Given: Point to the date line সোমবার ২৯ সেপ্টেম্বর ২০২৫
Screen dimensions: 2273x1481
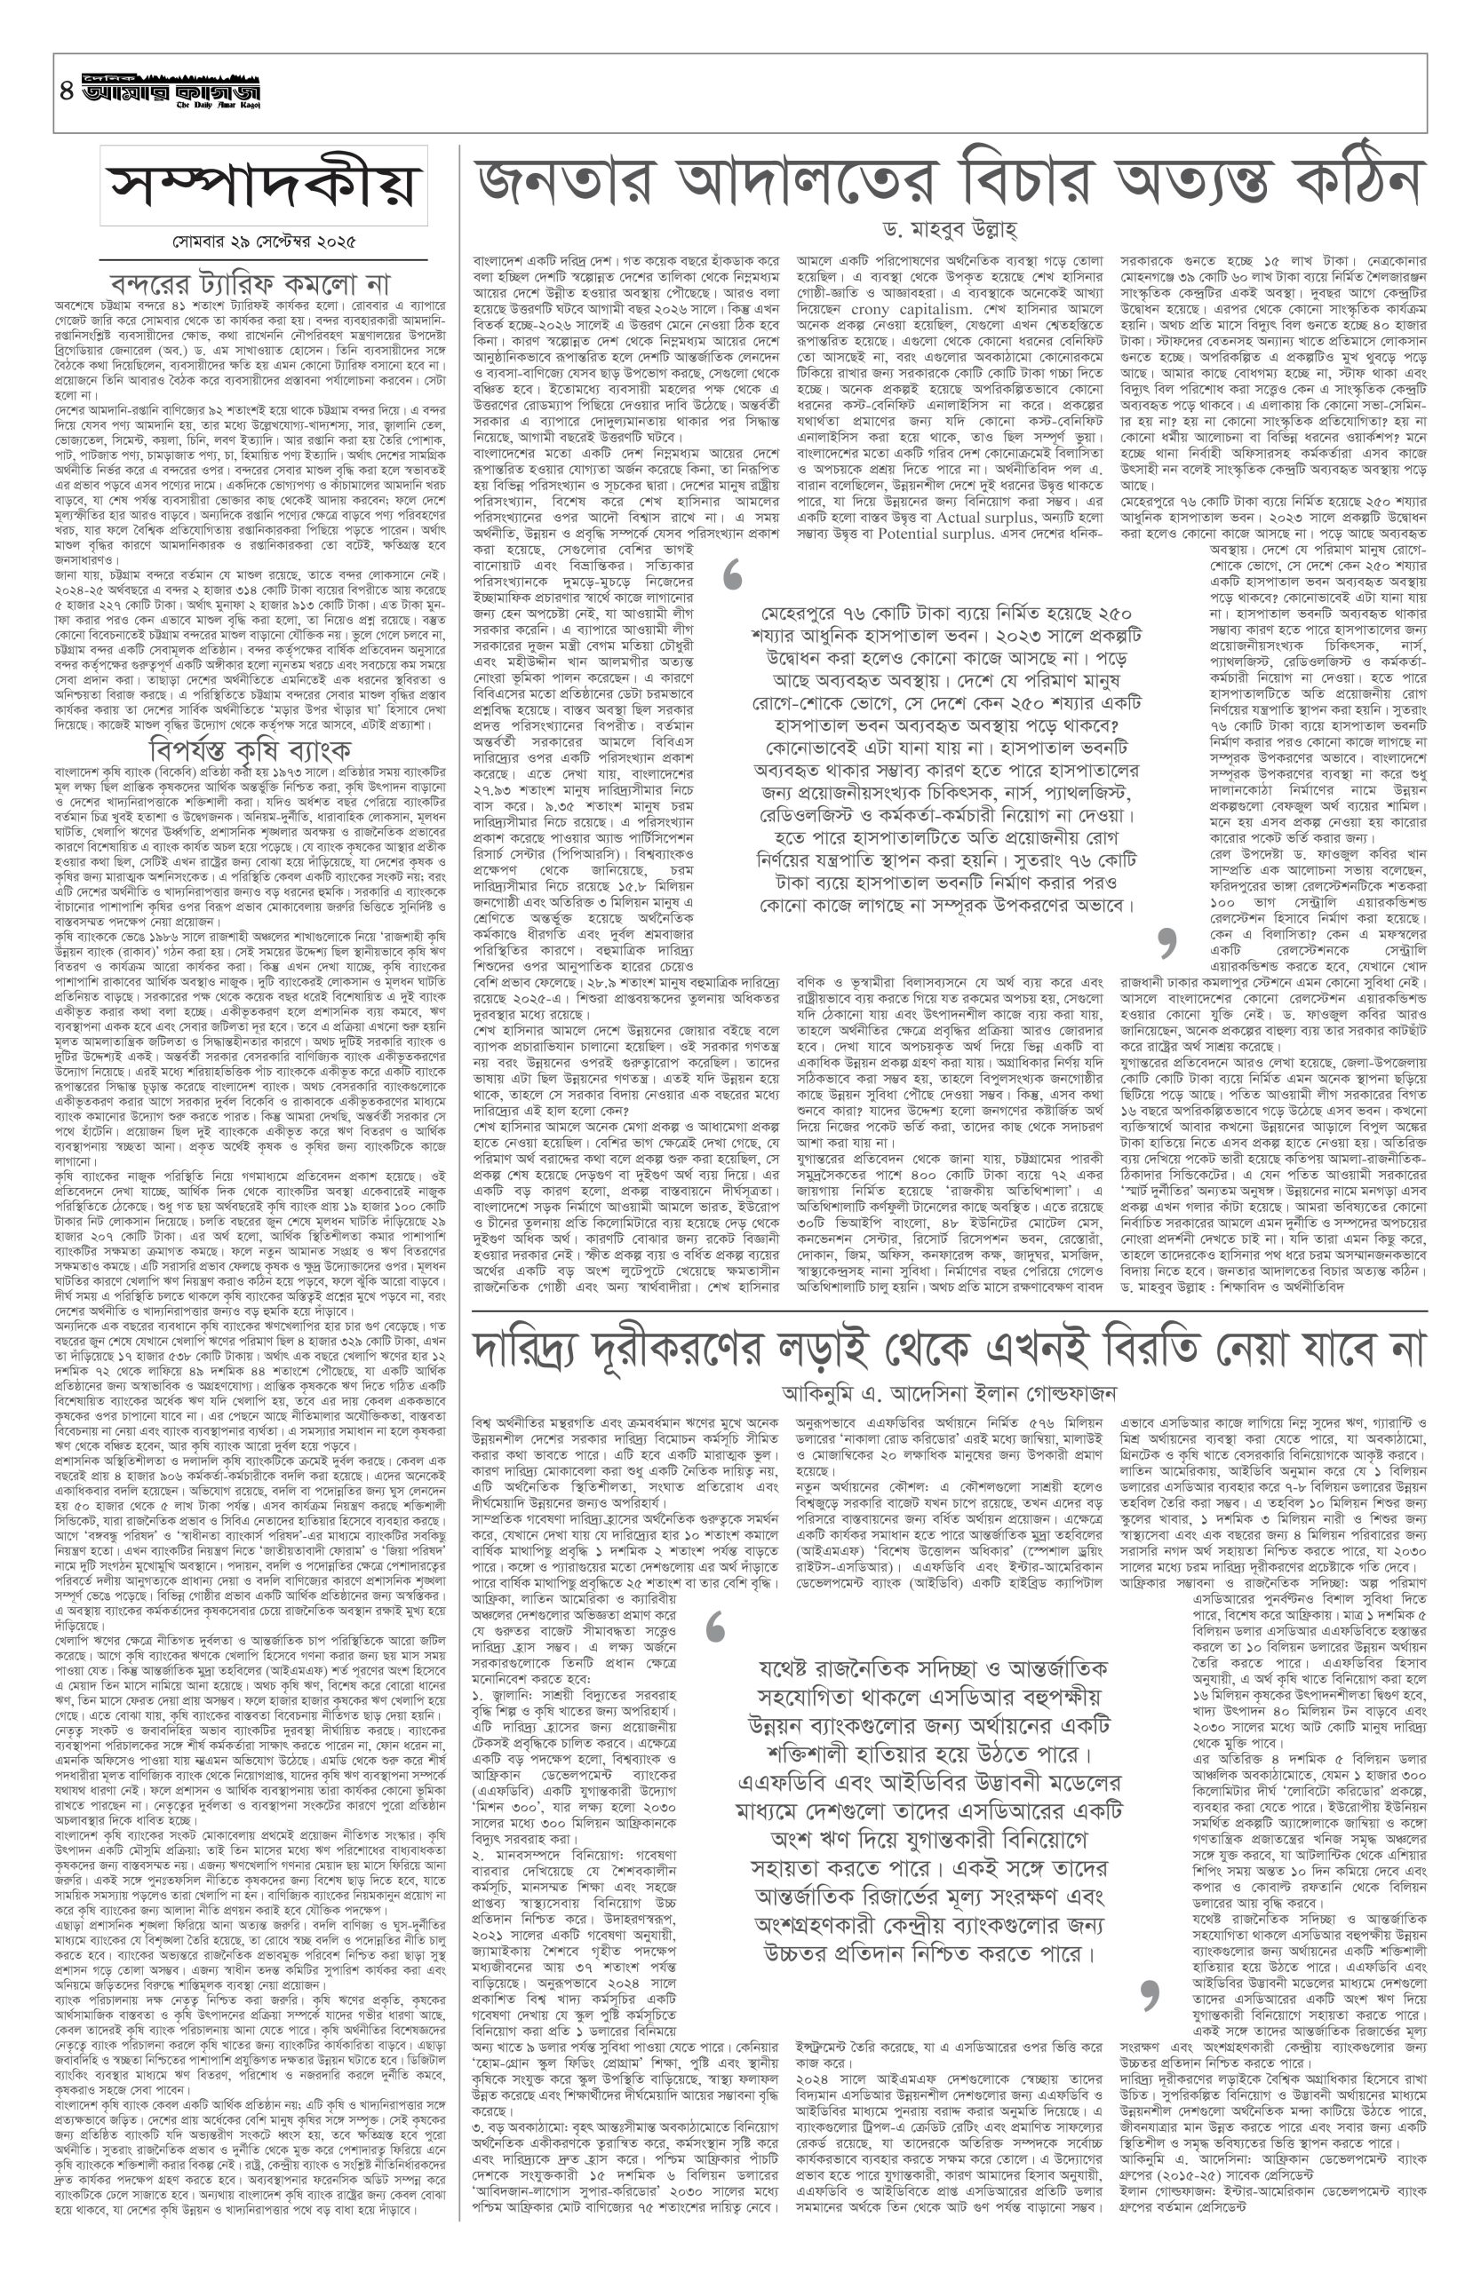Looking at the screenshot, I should pyautogui.click(x=264, y=242).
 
